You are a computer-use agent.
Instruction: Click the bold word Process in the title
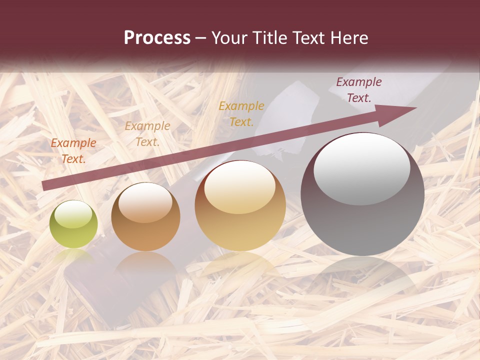157,38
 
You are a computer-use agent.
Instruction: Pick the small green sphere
73,224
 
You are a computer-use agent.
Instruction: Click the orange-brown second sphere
145,217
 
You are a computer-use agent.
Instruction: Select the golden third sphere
240,205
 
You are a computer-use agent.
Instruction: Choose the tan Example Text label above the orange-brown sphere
147,134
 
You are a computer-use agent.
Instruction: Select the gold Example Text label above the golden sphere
241,113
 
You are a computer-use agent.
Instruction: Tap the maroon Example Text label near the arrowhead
359,90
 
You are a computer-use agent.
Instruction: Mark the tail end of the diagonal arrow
44,186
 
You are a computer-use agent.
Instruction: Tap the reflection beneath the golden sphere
240,265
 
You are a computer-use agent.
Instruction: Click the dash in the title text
201,38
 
